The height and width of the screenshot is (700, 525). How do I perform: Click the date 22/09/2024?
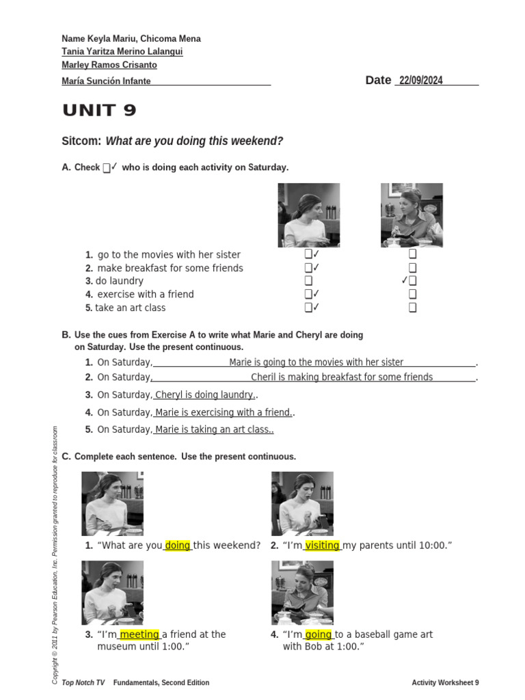420,81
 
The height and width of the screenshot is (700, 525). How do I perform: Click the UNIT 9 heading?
99,111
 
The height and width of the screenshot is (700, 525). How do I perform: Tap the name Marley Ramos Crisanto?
109,66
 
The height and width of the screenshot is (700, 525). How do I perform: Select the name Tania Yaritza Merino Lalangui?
122,52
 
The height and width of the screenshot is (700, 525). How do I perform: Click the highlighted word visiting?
323,546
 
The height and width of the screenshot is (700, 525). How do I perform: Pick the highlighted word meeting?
139,635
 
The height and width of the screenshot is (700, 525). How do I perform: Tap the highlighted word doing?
178,546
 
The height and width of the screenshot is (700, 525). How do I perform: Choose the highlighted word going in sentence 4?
319,635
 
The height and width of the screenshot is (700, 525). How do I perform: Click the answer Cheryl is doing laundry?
204,395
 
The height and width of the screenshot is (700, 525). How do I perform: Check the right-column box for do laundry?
413,281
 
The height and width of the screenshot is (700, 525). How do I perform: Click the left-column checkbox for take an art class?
309,308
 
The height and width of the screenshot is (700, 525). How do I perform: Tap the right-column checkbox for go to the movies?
413,254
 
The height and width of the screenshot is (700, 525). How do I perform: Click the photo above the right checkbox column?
412,215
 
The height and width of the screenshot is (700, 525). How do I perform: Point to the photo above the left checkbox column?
309,215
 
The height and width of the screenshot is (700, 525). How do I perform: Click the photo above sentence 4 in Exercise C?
302,593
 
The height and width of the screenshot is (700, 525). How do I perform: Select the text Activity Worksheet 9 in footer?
445,683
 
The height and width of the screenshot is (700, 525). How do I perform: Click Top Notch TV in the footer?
83,683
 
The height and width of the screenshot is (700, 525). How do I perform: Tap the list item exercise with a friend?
145,295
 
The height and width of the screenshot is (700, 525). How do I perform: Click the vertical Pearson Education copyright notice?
55,554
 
